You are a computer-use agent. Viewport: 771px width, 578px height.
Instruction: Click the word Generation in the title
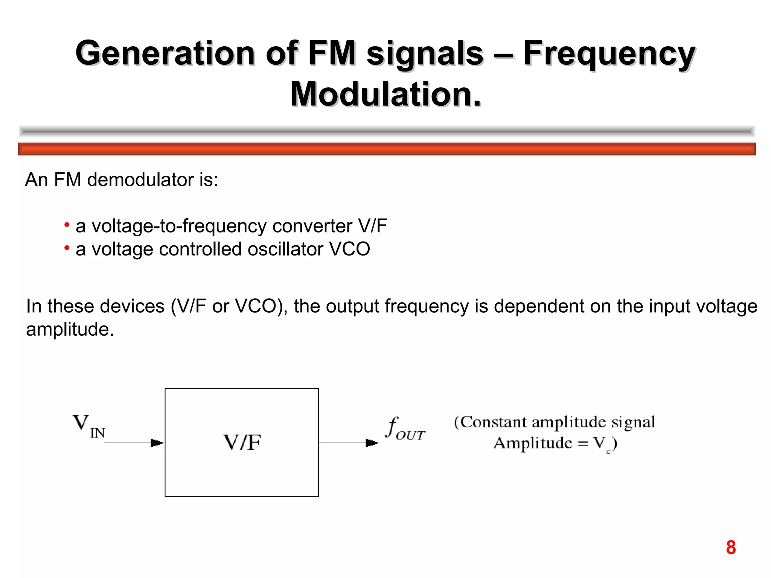165,53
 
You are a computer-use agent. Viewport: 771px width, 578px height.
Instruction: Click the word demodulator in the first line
140,179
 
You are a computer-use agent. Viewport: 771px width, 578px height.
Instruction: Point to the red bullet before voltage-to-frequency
67,225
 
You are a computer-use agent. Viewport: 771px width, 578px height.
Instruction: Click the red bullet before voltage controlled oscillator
67,248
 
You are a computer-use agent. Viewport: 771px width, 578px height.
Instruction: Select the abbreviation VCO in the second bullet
349,249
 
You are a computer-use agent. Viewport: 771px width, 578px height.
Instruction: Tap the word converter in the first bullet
312,226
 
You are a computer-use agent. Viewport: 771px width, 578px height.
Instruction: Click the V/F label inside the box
242,442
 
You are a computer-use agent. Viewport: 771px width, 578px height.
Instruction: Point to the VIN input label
88,426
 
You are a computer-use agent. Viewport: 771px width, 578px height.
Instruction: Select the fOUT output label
405,429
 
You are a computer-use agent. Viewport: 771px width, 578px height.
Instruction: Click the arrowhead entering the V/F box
157,443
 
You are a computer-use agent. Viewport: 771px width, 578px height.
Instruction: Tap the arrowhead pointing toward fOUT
372,443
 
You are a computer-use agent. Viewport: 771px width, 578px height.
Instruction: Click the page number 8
731,548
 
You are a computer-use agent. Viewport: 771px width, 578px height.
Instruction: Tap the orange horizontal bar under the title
386,149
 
